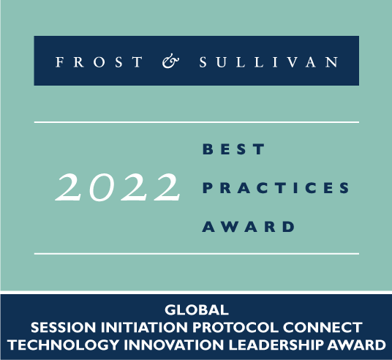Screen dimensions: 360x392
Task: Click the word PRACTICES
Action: [275, 188]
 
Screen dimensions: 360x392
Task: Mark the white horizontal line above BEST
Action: [196, 122]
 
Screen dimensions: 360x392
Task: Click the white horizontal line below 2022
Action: [196, 254]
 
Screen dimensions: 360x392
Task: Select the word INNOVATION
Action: [151, 343]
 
